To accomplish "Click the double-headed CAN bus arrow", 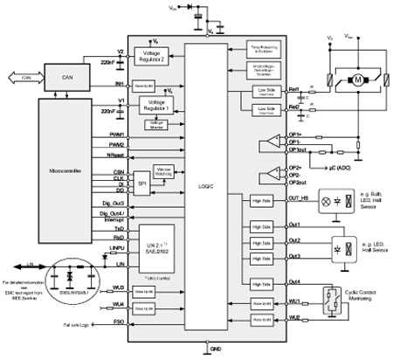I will pos(21,76).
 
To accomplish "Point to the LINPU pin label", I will pos(114,249).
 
